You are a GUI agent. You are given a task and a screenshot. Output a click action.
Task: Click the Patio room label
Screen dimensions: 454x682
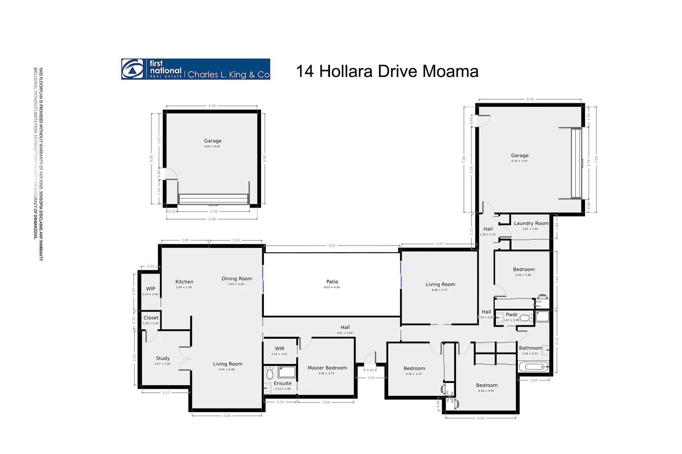(x=332, y=282)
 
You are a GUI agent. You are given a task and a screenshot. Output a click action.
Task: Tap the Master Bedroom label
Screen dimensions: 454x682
(x=327, y=368)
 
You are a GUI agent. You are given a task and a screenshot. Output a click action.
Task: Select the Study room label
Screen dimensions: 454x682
(x=163, y=358)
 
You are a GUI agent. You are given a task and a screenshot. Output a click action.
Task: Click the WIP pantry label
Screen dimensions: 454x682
(x=150, y=289)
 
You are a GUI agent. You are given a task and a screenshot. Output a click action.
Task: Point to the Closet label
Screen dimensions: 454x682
(x=151, y=318)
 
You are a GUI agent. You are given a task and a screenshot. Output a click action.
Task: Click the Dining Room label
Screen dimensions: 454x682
(x=237, y=279)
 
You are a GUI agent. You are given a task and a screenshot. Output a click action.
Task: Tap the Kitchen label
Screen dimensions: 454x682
(x=184, y=282)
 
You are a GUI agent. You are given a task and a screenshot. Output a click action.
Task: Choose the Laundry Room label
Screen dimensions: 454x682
(x=531, y=223)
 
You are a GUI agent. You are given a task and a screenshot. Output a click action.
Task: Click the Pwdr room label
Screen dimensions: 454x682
(x=511, y=314)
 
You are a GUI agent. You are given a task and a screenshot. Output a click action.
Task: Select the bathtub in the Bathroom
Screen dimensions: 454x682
(x=533, y=367)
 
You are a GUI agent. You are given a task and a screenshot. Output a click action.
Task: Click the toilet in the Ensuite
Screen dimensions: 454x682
(x=270, y=373)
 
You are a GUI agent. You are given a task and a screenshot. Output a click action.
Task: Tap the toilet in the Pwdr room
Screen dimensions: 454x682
(x=526, y=318)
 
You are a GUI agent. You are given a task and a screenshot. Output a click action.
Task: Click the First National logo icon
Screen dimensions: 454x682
(x=133, y=69)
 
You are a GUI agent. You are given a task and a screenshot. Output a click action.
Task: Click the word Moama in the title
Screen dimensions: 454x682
(x=450, y=71)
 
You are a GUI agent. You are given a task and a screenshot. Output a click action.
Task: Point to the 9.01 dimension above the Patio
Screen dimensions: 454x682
(x=332, y=245)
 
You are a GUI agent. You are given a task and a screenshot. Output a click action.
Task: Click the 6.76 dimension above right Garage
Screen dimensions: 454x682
(x=530, y=100)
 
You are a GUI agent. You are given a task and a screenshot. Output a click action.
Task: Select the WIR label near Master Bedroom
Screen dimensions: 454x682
(x=280, y=348)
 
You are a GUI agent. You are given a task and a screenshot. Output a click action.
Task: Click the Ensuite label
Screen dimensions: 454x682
(x=282, y=383)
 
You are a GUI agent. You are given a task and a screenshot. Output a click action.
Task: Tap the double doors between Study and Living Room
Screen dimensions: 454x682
(x=186, y=359)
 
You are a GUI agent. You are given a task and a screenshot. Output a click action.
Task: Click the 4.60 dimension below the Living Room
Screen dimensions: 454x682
(x=227, y=416)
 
